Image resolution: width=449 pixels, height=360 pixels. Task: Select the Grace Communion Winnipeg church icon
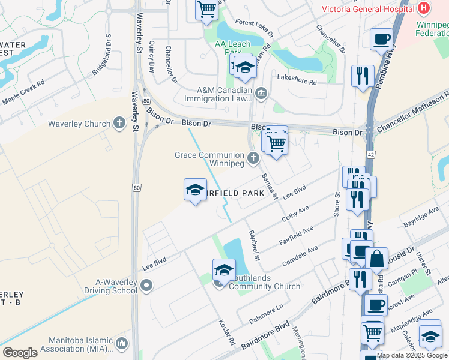click(x=253, y=158)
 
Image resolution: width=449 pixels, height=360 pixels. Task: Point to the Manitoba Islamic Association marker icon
click(x=122, y=343)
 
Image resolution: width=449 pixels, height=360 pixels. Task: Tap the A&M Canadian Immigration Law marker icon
click(x=261, y=93)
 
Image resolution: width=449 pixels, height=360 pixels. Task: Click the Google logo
click(x=20, y=352)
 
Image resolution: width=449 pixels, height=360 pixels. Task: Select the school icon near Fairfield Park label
click(x=194, y=190)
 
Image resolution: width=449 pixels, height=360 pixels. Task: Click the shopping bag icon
click(x=376, y=259)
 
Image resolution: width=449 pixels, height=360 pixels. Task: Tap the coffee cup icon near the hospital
click(x=381, y=40)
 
